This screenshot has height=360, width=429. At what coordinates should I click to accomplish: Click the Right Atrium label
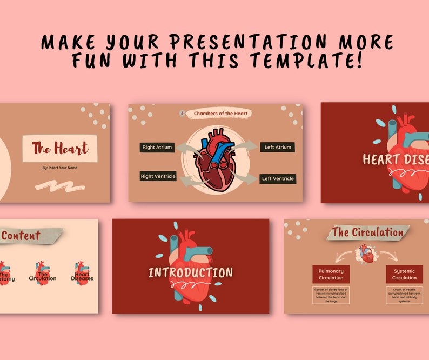click(157, 147)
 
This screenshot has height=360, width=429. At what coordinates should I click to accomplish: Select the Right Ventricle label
click(158, 176)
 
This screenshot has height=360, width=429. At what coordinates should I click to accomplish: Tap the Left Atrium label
click(278, 147)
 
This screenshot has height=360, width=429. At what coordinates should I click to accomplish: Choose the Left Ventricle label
click(278, 179)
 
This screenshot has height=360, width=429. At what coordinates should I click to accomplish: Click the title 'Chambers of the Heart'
click(221, 114)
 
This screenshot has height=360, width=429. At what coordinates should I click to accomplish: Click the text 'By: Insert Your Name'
click(59, 168)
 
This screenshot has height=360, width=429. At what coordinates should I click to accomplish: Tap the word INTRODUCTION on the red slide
click(191, 272)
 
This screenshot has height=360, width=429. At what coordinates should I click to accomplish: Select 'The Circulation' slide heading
click(367, 232)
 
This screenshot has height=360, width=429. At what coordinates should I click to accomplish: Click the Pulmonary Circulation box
click(331, 274)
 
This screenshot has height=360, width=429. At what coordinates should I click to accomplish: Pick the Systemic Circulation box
click(404, 274)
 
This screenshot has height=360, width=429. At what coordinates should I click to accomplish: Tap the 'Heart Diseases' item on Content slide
click(82, 276)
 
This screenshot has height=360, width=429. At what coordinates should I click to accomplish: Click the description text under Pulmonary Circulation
click(331, 296)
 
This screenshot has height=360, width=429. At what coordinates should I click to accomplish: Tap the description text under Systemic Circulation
click(404, 296)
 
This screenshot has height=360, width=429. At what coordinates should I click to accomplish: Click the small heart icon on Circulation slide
click(367, 254)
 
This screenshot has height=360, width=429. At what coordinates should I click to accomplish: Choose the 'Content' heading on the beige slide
click(22, 236)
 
